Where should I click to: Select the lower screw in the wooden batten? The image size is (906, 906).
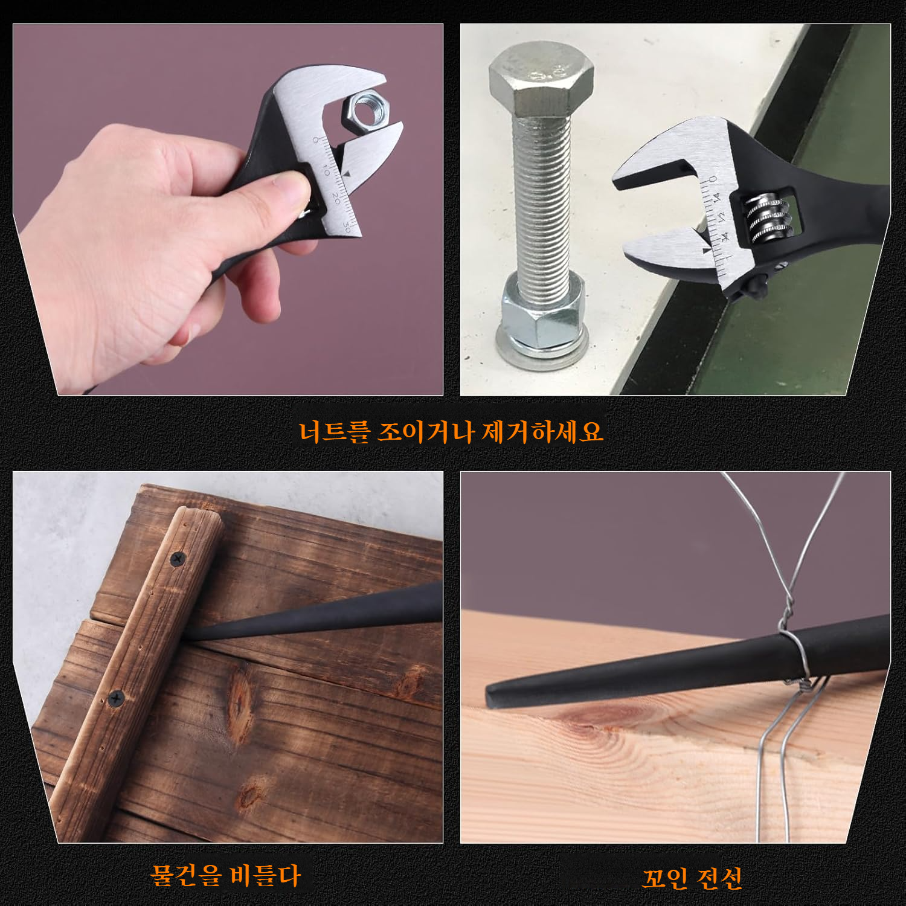pos(116,698)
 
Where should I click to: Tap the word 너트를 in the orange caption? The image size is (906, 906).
pos(333,431)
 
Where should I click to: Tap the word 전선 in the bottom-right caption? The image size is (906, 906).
pos(719,878)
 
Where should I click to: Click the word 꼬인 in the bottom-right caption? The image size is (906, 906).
pos(664,878)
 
